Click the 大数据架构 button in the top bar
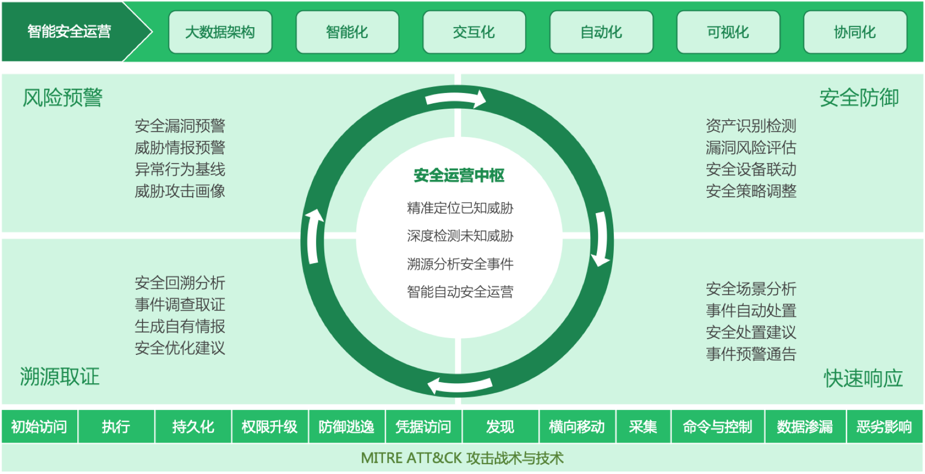coord(220,32)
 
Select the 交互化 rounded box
coord(474,32)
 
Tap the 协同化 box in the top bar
coord(855,32)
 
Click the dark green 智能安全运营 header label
coord(70,32)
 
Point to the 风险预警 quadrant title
coord(63,98)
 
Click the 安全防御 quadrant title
coord(859,98)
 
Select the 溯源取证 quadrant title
coord(60,377)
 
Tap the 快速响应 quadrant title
coord(864,378)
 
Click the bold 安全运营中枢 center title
coord(459,176)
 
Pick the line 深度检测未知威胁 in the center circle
coord(460,236)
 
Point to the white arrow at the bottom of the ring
coord(460,385)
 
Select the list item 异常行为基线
coord(180,170)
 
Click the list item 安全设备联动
coord(751,170)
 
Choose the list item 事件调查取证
coord(180,305)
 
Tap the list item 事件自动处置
coord(751,310)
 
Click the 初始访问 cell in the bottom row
coord(39,427)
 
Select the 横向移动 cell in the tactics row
coord(577,427)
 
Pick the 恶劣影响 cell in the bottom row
coord(885,427)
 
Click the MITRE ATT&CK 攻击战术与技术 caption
coord(462,458)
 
